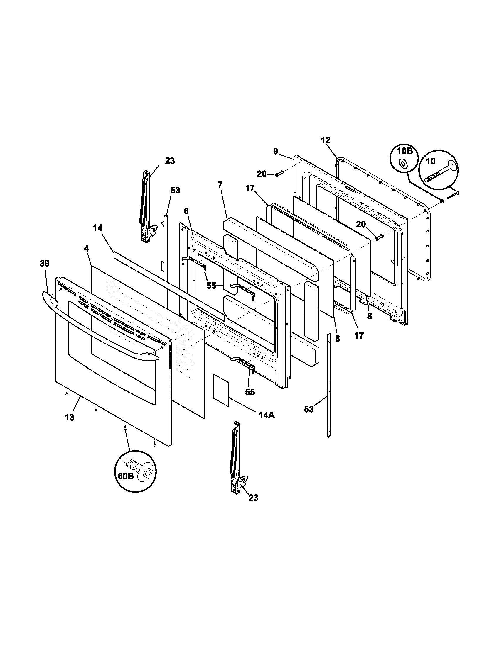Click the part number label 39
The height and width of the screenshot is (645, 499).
point(45,263)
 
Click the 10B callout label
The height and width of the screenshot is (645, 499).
point(404,151)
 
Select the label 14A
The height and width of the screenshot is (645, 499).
point(267,415)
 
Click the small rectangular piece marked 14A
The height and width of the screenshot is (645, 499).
point(221,389)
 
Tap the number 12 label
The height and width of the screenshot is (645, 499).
point(326,140)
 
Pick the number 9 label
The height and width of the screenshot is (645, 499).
point(276,152)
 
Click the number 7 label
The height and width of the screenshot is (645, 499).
point(220,185)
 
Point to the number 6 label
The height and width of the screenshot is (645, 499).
point(186,211)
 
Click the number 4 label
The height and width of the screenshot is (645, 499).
point(86,248)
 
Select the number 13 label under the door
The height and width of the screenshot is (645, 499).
point(70,417)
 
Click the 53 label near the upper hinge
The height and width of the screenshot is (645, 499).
point(175,191)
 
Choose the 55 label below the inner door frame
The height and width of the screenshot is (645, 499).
point(250,392)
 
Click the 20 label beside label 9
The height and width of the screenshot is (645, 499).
point(262,174)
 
